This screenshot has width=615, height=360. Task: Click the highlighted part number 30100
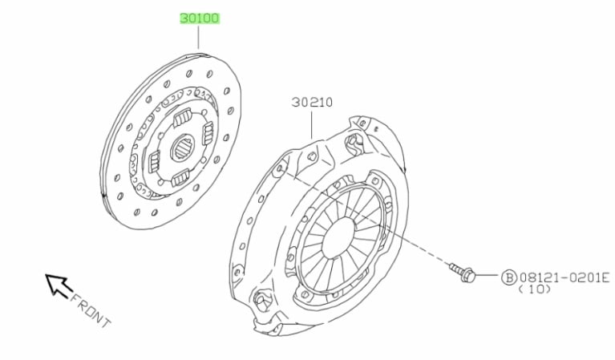pos(200,18)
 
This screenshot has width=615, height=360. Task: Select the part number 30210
pos(312,103)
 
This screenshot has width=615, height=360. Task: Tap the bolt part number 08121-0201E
pos(564,277)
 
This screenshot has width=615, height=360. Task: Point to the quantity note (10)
pos(535,289)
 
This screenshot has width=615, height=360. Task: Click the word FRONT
pos(91,310)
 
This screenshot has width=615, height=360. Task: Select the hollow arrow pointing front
pos(59,285)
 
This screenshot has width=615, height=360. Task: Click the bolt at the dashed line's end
pos(463,272)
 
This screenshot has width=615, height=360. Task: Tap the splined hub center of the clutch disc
pos(183,148)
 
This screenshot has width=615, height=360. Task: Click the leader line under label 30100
pos(199,38)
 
